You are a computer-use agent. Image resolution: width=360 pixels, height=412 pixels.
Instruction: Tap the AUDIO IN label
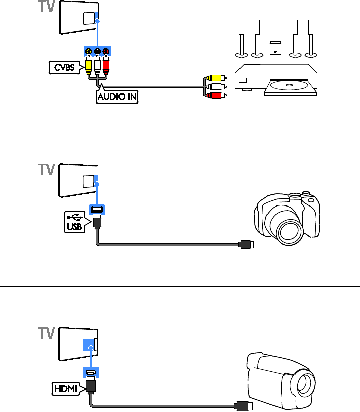116,97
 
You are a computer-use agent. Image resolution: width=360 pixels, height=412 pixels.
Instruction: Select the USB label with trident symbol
73,221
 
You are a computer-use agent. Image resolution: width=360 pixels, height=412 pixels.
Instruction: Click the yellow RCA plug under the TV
89,64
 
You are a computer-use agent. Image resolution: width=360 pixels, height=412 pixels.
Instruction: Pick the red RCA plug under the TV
106,64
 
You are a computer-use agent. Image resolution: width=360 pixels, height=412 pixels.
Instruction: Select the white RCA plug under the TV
97,64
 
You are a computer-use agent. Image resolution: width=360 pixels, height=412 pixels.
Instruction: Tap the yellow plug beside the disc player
215,78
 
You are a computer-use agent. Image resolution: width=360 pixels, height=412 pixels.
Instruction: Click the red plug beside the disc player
215,94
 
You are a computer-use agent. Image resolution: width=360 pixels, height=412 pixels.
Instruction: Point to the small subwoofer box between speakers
275,48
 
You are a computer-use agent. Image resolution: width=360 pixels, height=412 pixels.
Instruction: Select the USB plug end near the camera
247,245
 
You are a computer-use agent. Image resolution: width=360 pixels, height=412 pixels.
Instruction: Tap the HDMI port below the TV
91,373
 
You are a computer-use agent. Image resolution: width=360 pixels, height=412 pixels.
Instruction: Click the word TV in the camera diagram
47,170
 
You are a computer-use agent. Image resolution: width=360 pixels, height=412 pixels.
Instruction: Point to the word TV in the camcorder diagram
47,334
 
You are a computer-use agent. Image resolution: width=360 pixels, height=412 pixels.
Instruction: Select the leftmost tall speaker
242,38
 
